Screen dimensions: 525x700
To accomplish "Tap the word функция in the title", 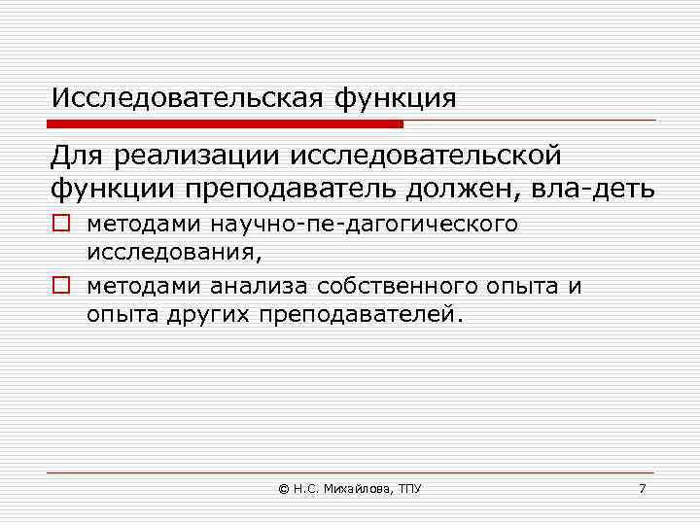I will pyautogui.click(x=395, y=99).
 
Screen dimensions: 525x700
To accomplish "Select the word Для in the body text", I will pyautogui.click(x=78, y=156).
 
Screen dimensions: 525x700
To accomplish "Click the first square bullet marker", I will pyautogui.click(x=61, y=225).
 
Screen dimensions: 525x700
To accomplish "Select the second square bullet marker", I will pyautogui.click(x=61, y=286).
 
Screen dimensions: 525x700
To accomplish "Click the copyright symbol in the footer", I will pyautogui.click(x=283, y=488).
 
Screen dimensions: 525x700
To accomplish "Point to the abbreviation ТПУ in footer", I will pyautogui.click(x=410, y=488).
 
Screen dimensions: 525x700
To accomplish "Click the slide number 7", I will pyautogui.click(x=642, y=488).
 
